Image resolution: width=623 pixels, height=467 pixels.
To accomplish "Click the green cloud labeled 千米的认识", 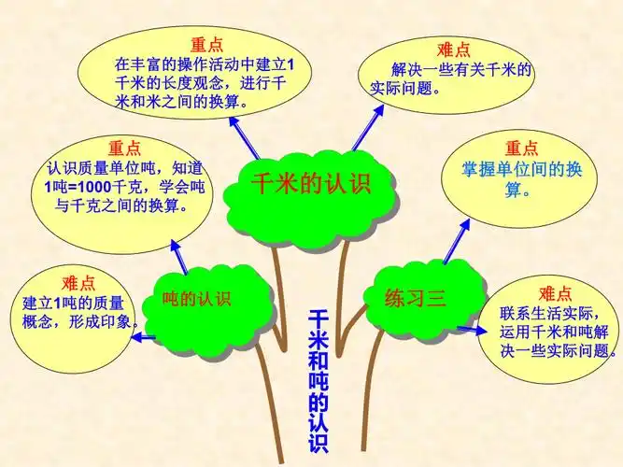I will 311,183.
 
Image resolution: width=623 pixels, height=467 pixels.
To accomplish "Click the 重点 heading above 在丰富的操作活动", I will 206,45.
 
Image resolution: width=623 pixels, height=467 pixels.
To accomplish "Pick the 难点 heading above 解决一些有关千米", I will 453,49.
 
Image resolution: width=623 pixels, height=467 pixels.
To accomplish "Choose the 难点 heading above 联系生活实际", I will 554,292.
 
